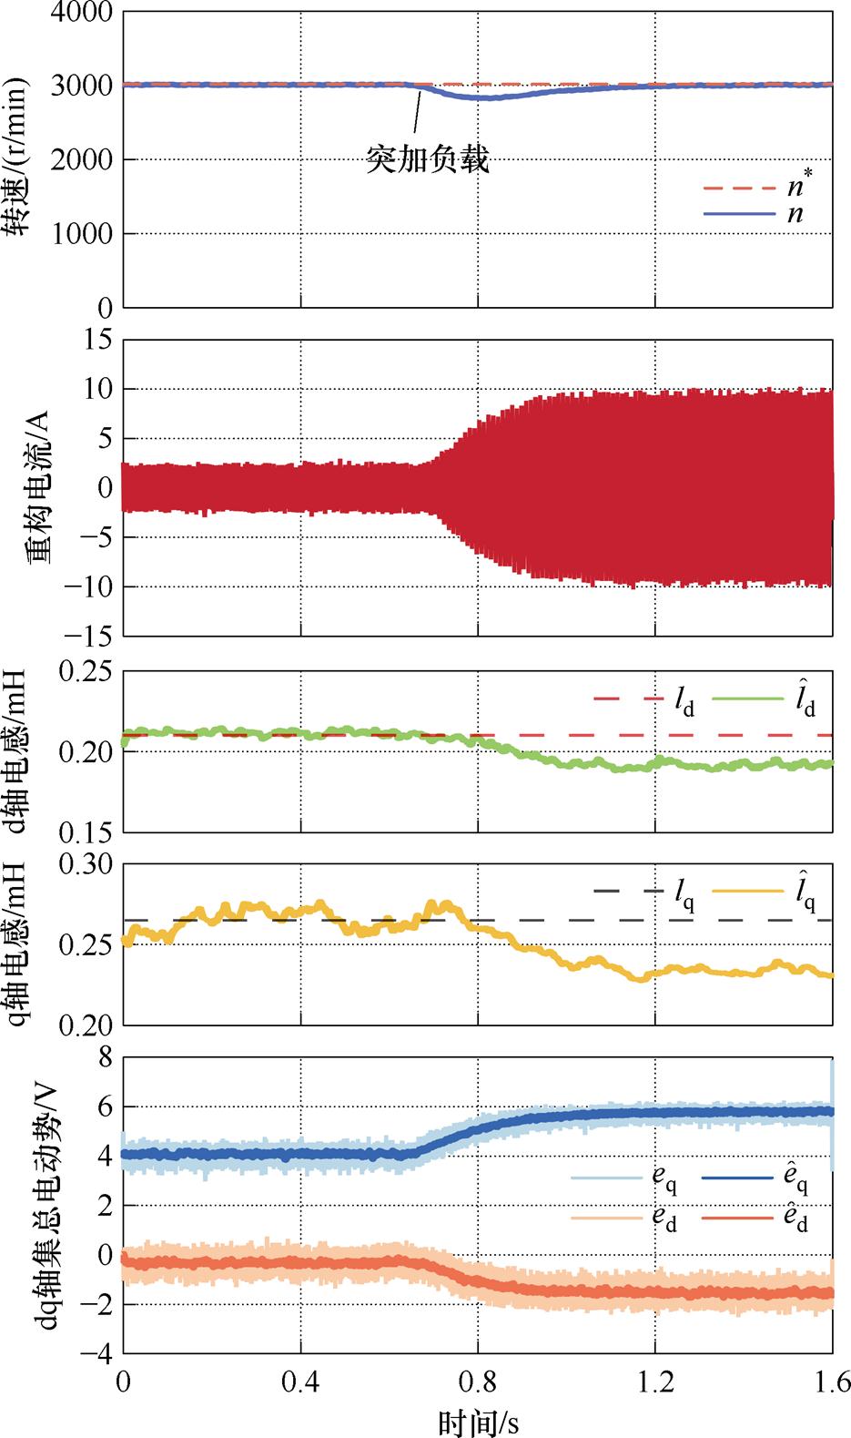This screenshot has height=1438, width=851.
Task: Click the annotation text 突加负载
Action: coord(428,160)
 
